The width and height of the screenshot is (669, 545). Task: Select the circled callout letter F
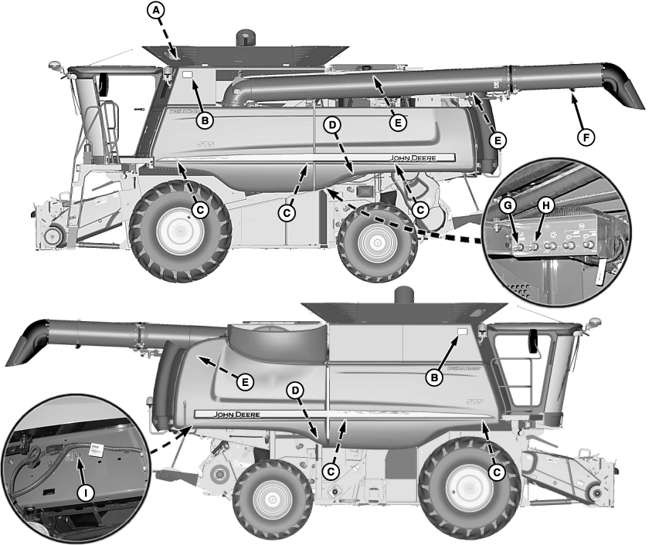point(589,137)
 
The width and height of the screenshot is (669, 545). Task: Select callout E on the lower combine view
point(244,382)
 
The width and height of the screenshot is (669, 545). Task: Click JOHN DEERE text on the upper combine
point(413,157)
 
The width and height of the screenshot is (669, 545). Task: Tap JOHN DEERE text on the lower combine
point(237,415)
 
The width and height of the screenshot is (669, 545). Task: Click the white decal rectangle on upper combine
point(187,75)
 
